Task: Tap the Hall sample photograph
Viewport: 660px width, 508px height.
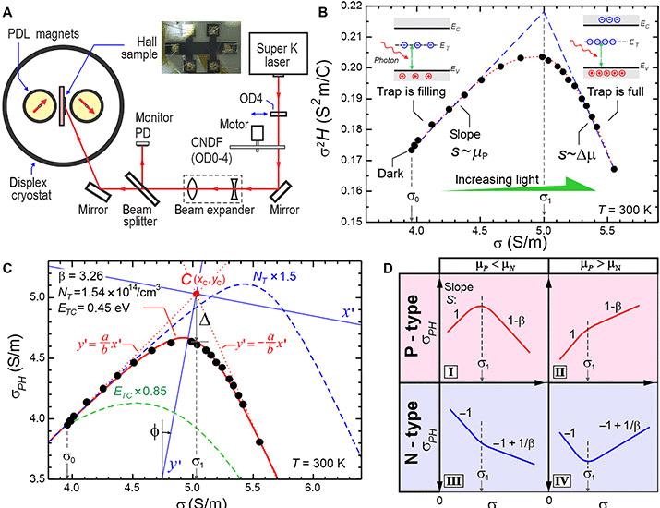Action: [x=203, y=47]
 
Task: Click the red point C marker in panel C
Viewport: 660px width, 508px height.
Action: [x=196, y=294]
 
